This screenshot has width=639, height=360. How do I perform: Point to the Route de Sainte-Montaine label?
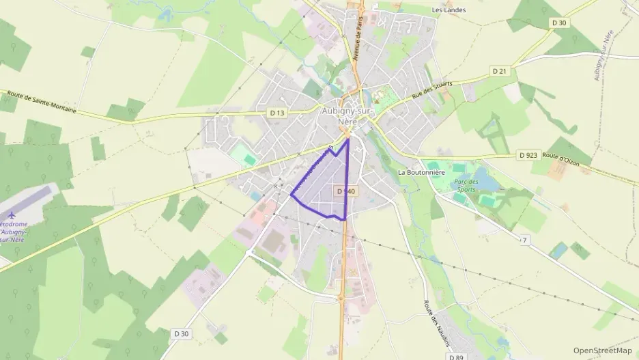42,101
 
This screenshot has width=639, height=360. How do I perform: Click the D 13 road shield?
276,112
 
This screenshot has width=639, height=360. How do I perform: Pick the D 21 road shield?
500,71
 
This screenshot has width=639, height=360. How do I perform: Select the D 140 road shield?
345,192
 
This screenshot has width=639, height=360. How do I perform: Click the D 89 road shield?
457,356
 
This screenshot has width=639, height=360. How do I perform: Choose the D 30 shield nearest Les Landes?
559,23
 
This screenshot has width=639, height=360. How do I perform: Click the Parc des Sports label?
465,186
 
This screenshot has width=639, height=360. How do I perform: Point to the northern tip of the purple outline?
347,139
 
